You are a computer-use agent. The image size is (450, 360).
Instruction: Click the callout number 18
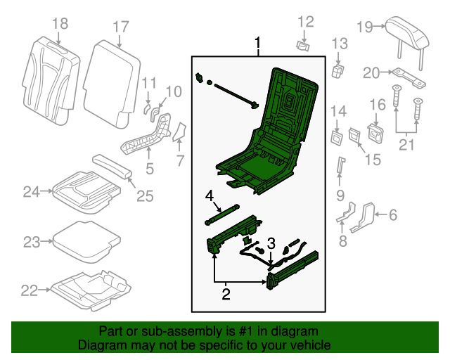(60, 25)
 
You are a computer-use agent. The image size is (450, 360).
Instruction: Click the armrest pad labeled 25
(113, 167)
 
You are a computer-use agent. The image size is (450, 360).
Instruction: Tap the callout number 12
(304, 22)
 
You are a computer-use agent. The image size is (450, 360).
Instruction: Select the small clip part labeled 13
(337, 70)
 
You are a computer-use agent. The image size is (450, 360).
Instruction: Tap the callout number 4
(209, 195)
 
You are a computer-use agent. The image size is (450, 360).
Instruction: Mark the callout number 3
(271, 243)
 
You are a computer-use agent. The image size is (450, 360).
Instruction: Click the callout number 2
(226, 294)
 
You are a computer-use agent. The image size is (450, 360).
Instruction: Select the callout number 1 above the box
(257, 46)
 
